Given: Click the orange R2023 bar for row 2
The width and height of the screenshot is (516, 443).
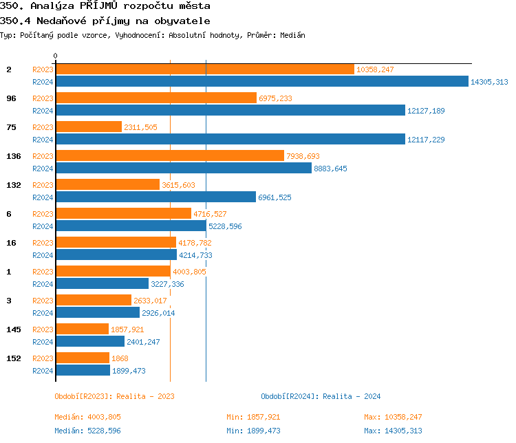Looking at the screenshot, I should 204,69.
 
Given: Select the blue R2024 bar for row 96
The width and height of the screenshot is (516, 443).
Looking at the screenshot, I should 230,110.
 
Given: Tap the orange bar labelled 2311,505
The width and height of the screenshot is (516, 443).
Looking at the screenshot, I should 88,127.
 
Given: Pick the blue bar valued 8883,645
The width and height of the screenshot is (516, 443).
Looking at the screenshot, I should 183,168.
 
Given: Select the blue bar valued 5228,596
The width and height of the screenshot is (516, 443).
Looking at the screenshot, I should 130,226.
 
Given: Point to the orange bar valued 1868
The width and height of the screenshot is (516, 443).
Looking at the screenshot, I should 82,358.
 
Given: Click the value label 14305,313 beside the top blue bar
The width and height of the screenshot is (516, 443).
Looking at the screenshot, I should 489,82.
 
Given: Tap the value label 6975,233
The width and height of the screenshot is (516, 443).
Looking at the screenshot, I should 275,98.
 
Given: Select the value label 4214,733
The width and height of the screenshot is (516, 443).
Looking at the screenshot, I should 195,255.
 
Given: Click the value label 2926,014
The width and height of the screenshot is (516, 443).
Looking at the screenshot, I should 158,312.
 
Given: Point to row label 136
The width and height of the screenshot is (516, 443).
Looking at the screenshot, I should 14,156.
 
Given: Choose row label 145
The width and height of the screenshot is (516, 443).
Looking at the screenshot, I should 14,329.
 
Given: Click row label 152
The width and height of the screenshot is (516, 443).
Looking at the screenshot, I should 14,358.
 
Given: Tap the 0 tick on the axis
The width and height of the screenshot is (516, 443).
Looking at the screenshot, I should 55,56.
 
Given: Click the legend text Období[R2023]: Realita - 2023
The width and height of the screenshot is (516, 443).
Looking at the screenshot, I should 114,396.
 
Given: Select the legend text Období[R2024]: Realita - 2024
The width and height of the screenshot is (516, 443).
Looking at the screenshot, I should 321,396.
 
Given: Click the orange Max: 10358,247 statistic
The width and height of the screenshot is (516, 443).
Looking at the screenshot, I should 393,417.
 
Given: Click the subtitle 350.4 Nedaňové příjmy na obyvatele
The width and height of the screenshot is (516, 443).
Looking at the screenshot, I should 105,21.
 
